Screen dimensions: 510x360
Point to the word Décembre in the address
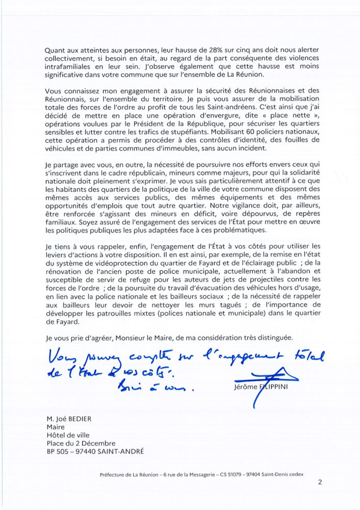(x=99, y=443)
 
